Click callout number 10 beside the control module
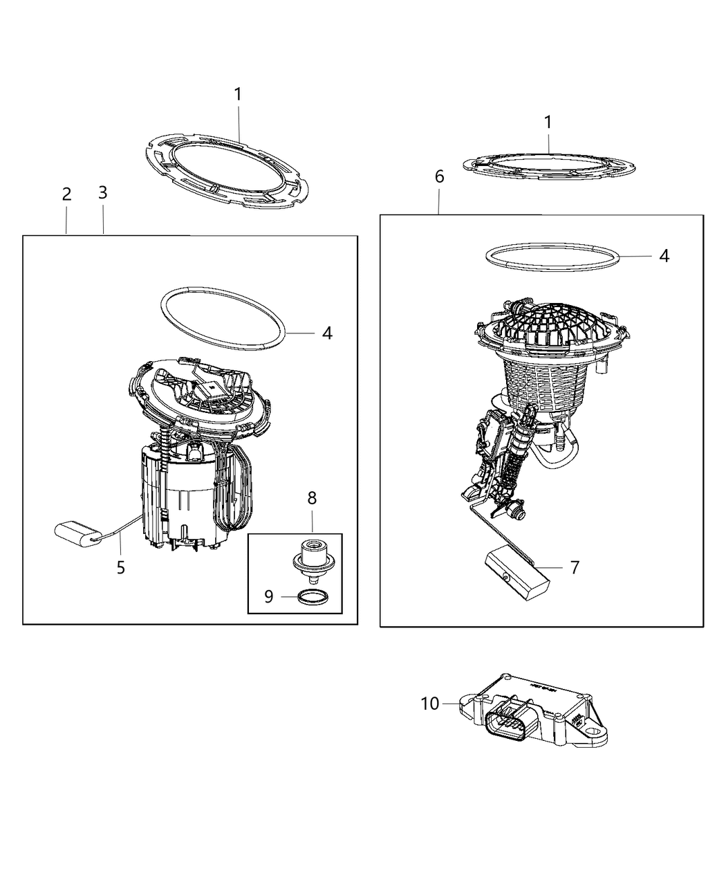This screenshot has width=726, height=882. pos(429,704)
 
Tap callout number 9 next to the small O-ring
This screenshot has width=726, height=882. pos(269,596)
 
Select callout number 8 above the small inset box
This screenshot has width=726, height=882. pos(312,497)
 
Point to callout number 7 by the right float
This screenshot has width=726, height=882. pos(575,567)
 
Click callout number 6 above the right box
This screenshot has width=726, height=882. pos(439,177)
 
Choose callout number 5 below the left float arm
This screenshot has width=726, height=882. pos(121,568)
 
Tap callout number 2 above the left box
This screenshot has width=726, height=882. pos(66,194)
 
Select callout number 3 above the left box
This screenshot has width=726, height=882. pos(102,193)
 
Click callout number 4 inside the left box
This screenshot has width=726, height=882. pos(326,333)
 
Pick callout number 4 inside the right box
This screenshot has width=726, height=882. pos(664,255)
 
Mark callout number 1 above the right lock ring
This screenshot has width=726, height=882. pos(548,122)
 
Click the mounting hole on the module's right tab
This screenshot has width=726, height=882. pos(594,728)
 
